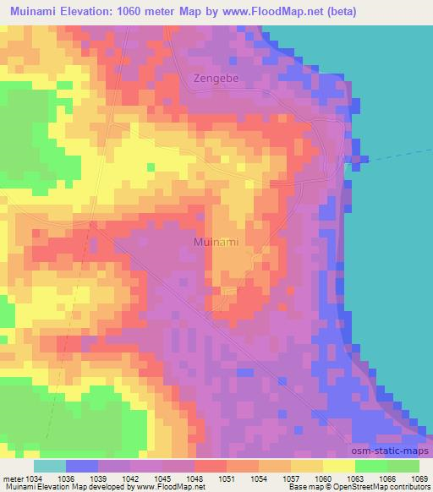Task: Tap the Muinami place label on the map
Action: (x=216, y=242)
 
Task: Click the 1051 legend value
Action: (x=226, y=479)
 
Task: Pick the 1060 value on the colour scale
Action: (x=322, y=479)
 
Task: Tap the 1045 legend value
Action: (x=162, y=479)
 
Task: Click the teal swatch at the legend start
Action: (x=50, y=466)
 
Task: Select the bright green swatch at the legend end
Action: (x=403, y=466)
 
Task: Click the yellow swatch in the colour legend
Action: (x=338, y=466)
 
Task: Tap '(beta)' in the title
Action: (x=337, y=12)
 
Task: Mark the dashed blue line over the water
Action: (x=397, y=153)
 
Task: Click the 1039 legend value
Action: (x=97, y=479)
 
